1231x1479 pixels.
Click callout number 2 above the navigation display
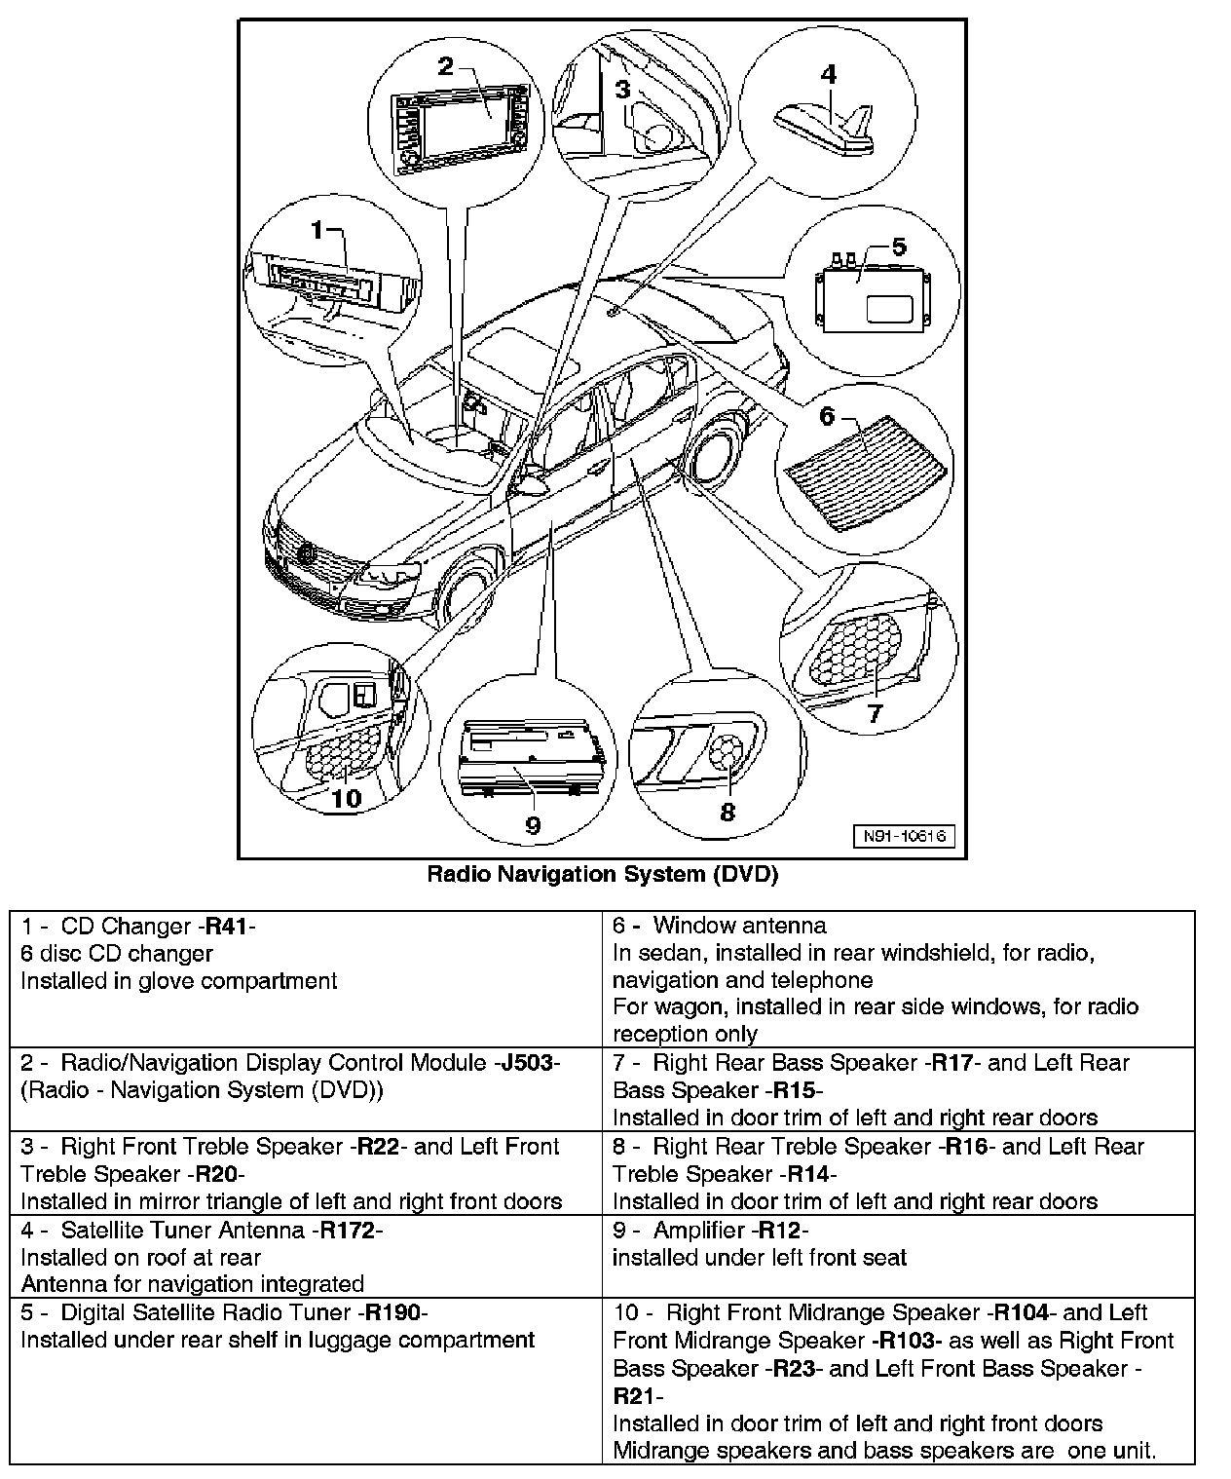coord(445,66)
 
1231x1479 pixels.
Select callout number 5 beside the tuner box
coord(899,247)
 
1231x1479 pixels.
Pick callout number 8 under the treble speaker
coord(727,812)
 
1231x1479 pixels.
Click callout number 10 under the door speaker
coord(346,799)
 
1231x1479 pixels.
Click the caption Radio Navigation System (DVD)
coord(603,874)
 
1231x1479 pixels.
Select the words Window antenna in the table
coord(739,926)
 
